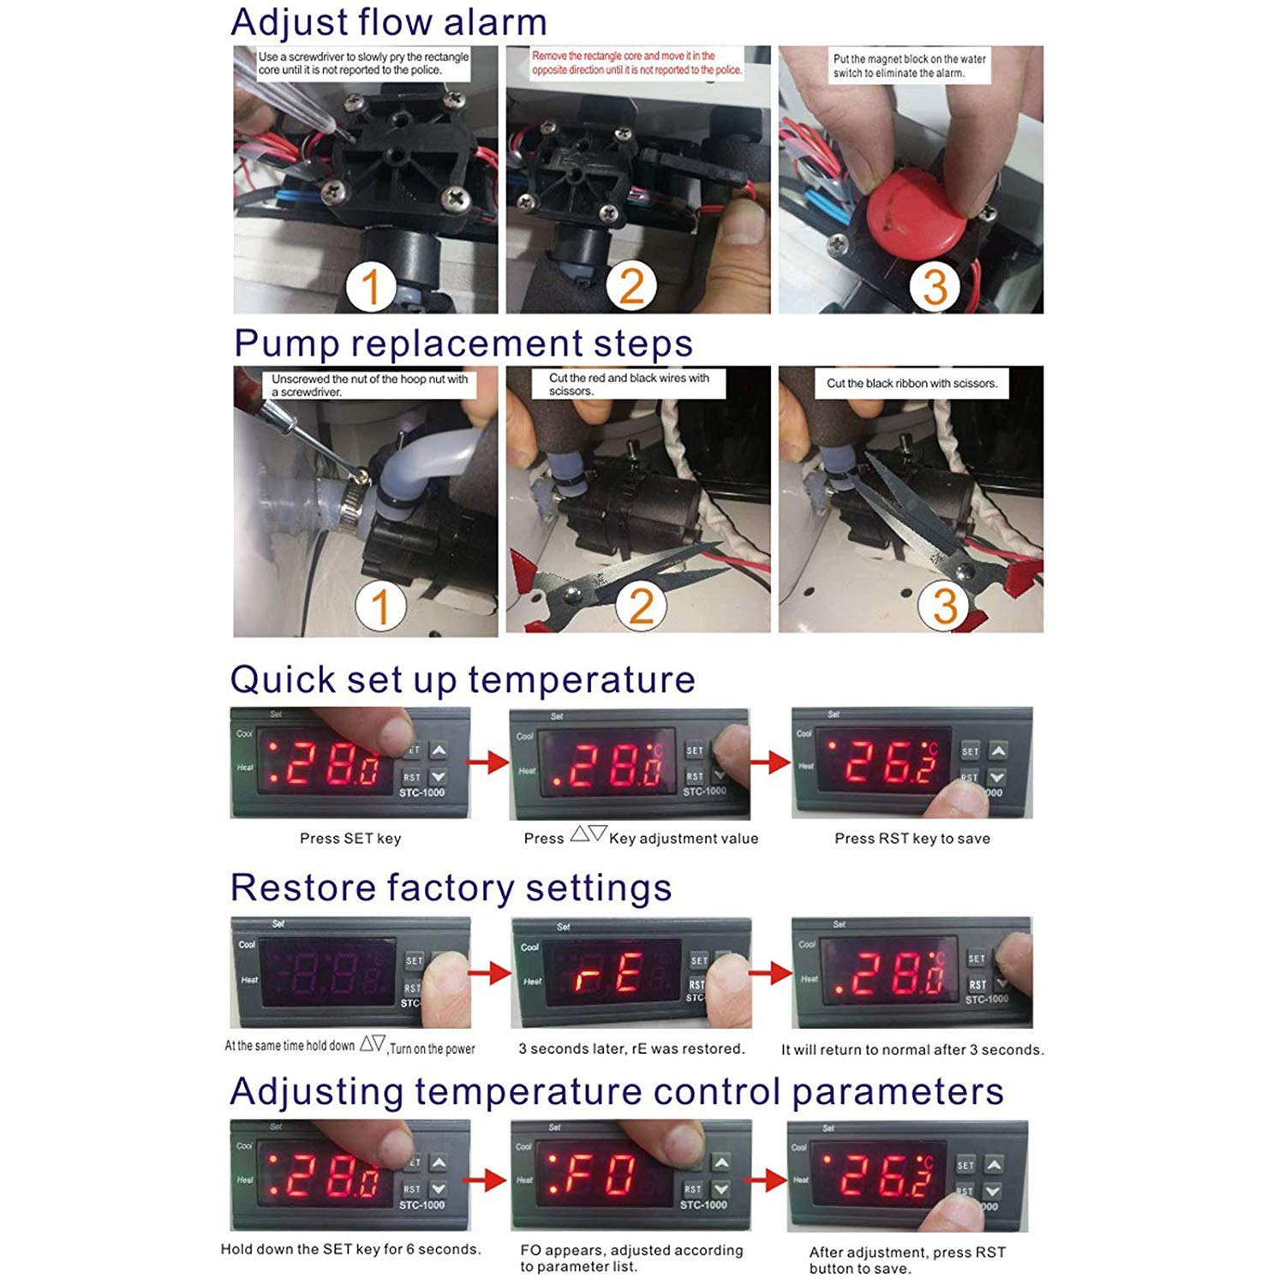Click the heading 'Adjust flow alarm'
pyautogui.click(x=388, y=22)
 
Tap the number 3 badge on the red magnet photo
pyautogui.click(x=935, y=286)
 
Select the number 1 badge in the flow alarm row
pyautogui.click(x=371, y=287)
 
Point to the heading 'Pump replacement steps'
pyautogui.click(x=463, y=344)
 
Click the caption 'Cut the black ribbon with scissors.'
pyautogui.click(x=911, y=384)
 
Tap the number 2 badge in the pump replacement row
pyautogui.click(x=641, y=606)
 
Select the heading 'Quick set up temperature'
pyautogui.click(x=463, y=680)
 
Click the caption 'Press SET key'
pyautogui.click(x=350, y=839)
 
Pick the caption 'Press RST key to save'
pyautogui.click(x=912, y=839)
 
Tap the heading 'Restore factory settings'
pyautogui.click(x=451, y=888)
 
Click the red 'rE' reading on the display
pyautogui.click(x=611, y=975)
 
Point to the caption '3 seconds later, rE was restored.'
pyautogui.click(x=631, y=1049)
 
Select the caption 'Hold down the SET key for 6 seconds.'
pyautogui.click(x=350, y=1249)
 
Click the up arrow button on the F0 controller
pyautogui.click(x=721, y=1163)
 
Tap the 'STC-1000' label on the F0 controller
pyautogui.click(x=703, y=1205)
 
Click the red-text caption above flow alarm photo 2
pyautogui.click(x=637, y=63)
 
